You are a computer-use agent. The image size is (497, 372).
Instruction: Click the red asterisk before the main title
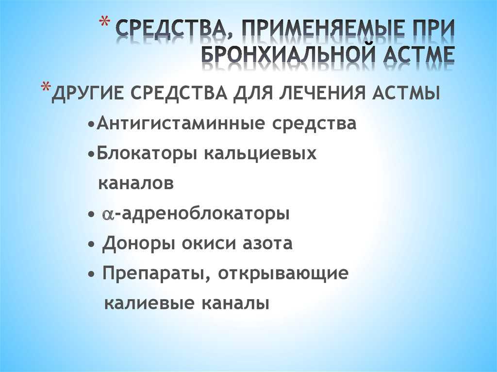coord(105,23)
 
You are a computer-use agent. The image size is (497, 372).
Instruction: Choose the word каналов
coord(136,183)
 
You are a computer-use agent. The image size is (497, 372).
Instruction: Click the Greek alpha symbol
coord(108,214)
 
